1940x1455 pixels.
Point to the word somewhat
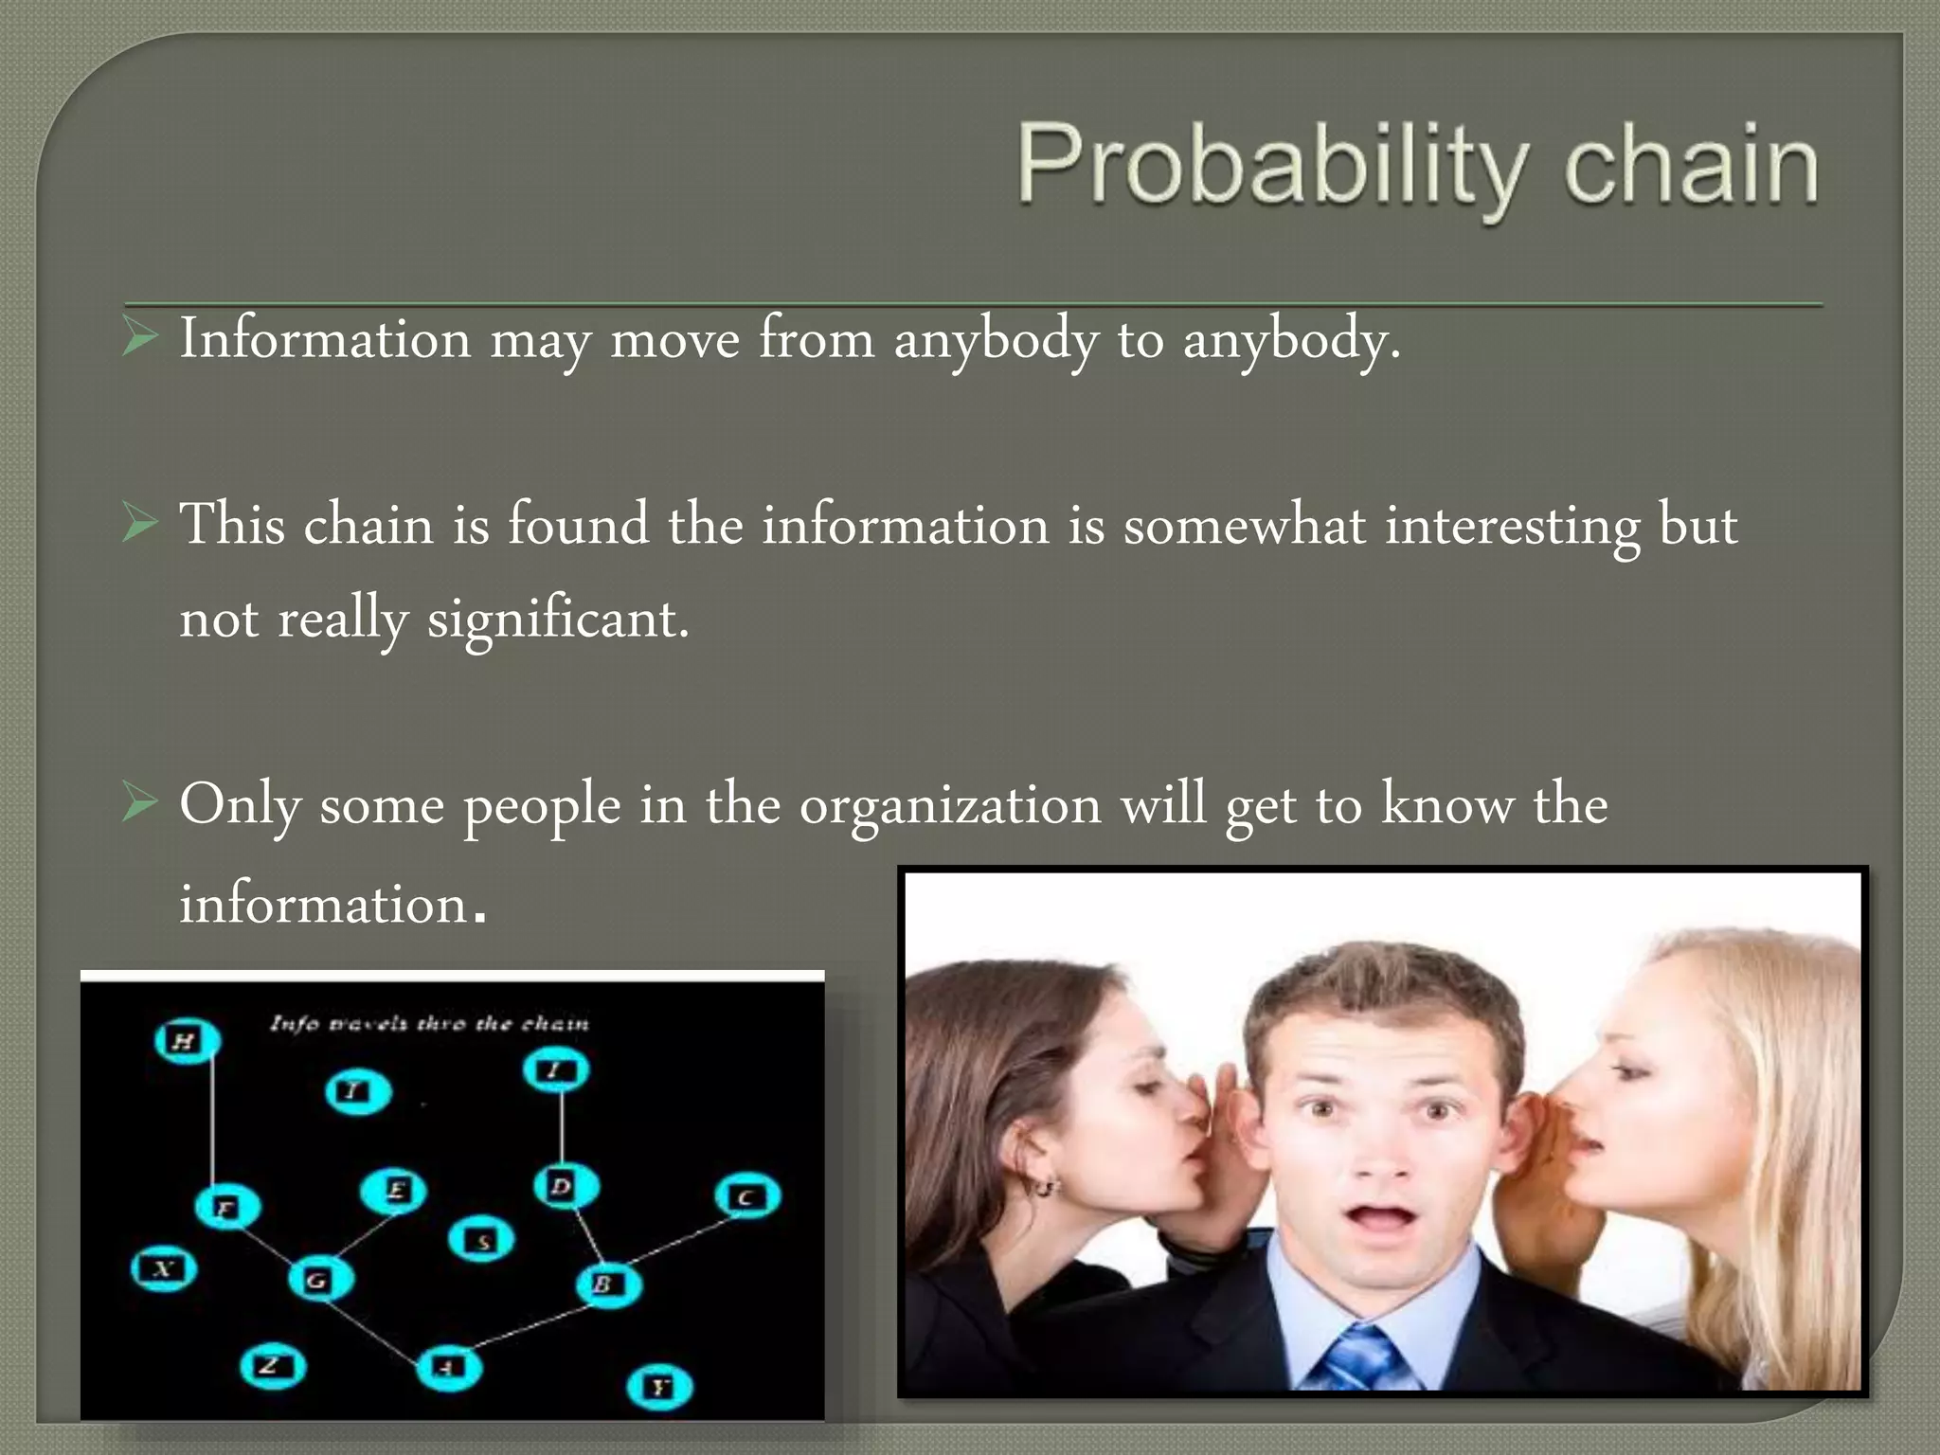(x=1244, y=526)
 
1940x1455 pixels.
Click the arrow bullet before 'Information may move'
(x=140, y=338)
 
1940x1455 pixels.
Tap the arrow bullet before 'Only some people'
(x=140, y=804)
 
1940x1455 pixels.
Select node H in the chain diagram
(x=186, y=1041)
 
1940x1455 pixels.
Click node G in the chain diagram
(x=320, y=1281)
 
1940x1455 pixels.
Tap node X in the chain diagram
(x=164, y=1268)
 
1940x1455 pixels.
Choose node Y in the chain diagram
(x=659, y=1388)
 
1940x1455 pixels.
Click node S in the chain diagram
(x=481, y=1239)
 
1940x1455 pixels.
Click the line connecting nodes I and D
(x=561, y=1127)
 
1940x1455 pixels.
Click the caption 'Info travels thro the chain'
(x=428, y=1023)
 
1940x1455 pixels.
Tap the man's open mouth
(x=1383, y=1217)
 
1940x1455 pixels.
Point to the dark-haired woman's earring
(x=1045, y=1186)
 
